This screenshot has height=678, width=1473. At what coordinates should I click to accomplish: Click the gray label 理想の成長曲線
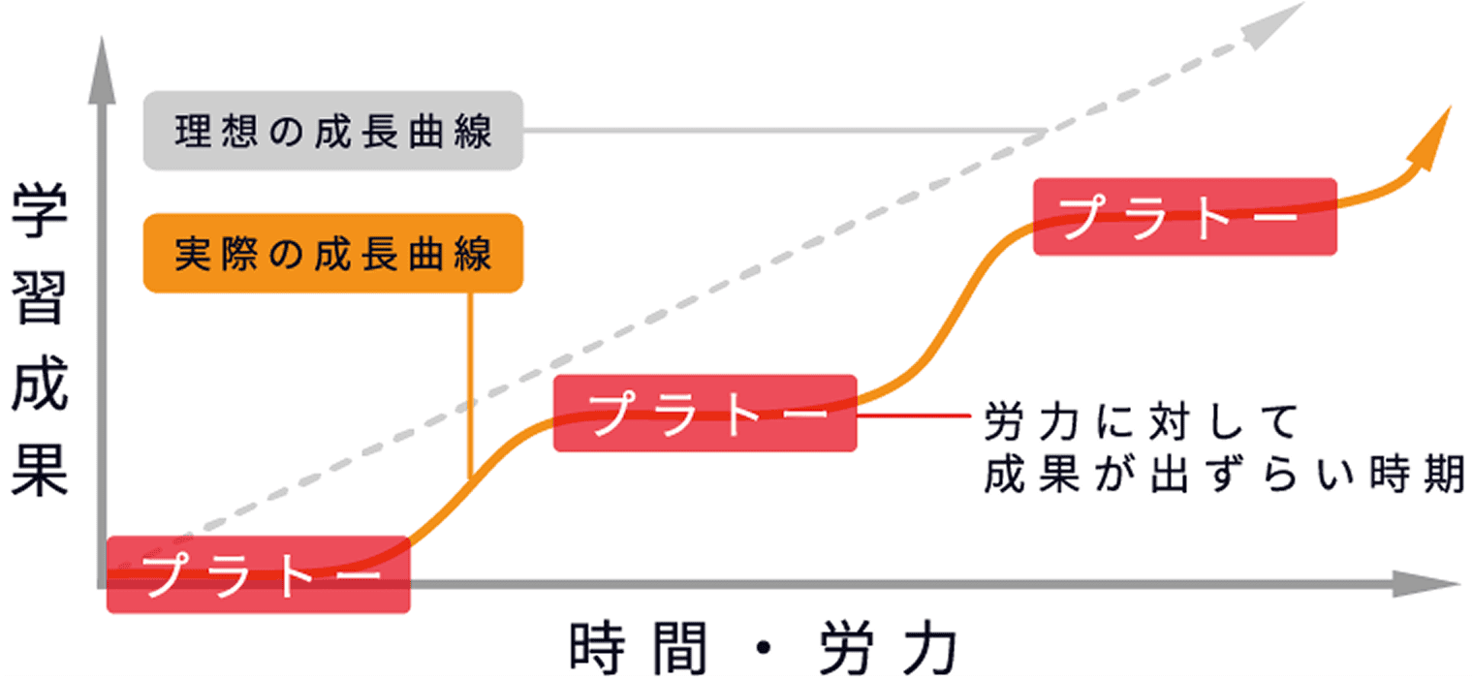click(x=332, y=131)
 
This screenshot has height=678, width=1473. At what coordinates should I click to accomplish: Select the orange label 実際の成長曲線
click(x=332, y=254)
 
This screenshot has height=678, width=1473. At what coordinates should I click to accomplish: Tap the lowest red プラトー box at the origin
click(x=258, y=574)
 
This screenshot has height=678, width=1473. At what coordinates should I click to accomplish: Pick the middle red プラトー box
click(x=705, y=414)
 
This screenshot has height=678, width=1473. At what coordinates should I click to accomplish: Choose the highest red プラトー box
click(x=1184, y=217)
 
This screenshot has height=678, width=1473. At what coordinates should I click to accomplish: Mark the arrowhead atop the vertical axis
click(x=100, y=58)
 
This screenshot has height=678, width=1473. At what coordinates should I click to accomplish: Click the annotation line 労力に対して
click(x=1141, y=422)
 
